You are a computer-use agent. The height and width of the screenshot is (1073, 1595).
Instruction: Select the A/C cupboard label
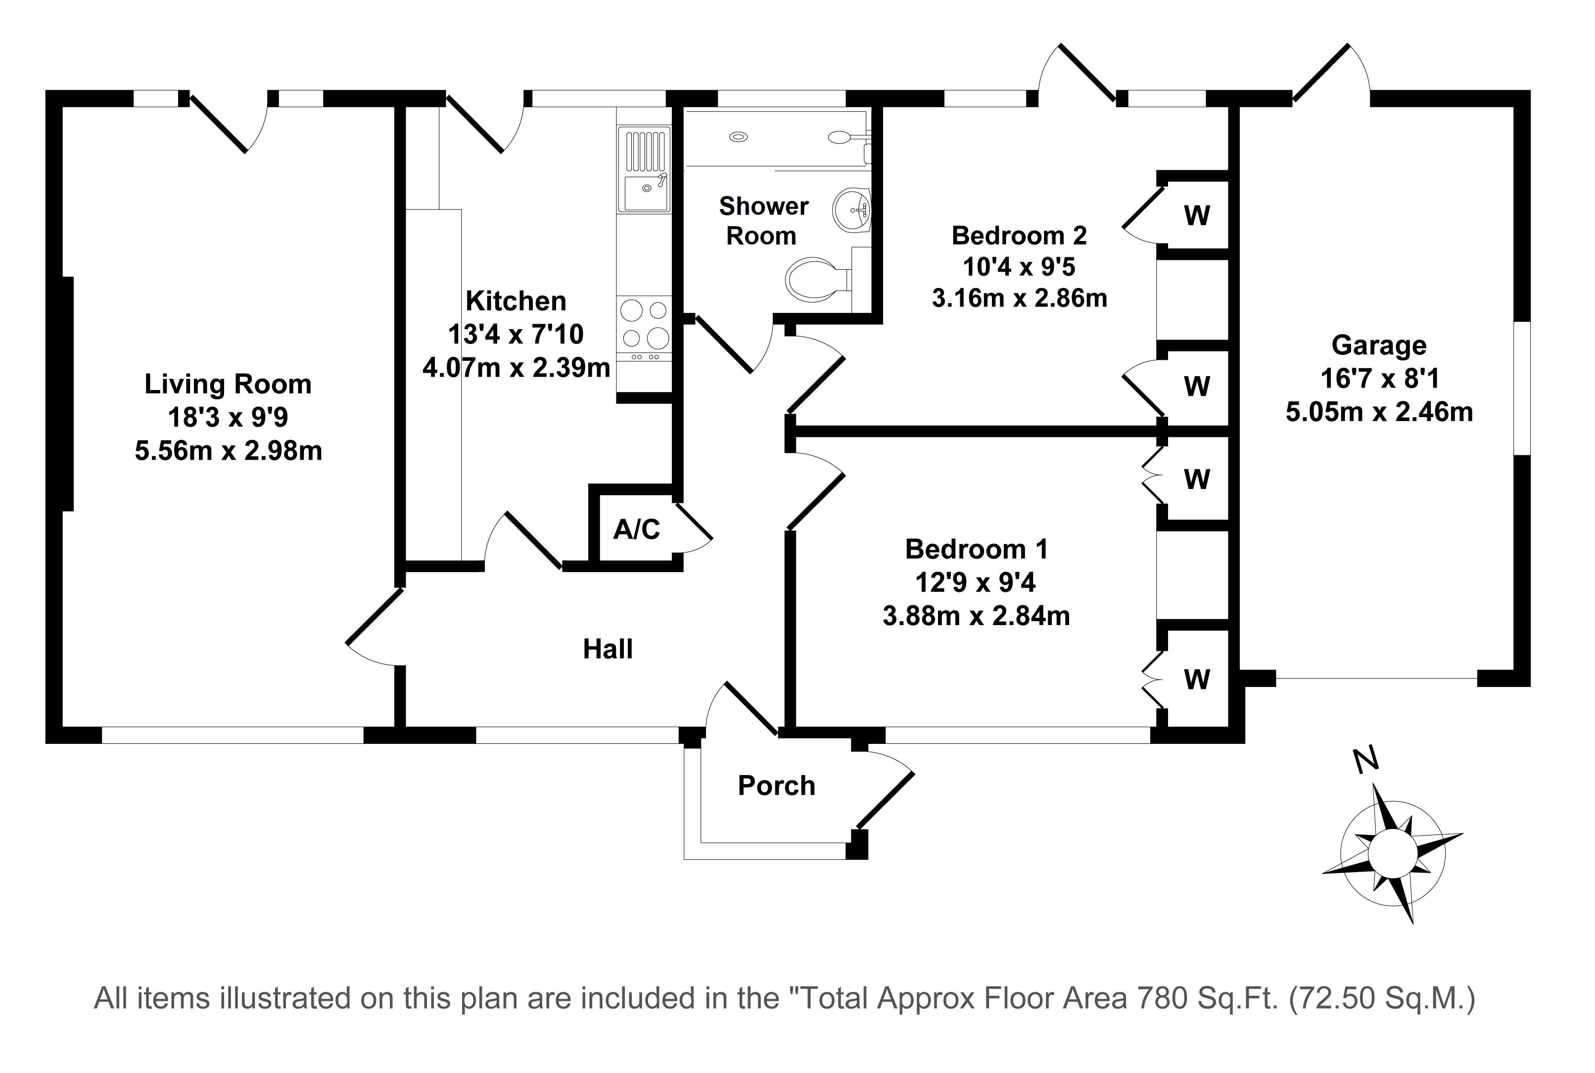pos(636,529)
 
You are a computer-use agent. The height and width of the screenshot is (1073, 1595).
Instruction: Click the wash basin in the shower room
pos(851,208)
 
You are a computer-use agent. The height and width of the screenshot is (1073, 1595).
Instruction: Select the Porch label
pos(776,785)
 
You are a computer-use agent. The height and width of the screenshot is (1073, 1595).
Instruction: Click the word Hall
pos(608,649)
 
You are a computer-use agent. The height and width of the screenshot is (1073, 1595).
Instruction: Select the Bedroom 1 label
pos(976,549)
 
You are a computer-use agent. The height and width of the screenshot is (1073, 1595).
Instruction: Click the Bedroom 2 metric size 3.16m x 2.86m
pos(1019,298)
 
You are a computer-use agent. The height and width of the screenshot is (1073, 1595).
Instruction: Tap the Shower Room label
pos(762,220)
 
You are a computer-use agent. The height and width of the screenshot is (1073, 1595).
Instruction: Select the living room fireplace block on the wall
pos(68,393)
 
